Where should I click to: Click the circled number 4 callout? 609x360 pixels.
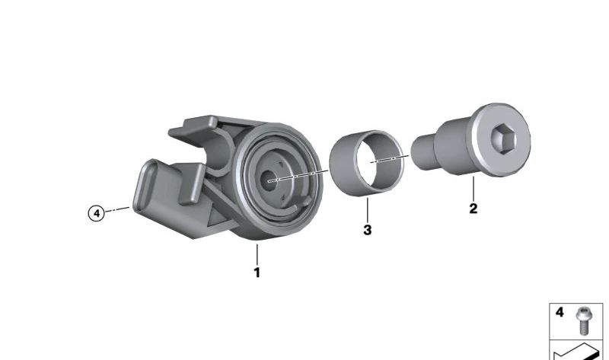point(97,213)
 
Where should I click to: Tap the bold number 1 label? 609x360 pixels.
point(257,272)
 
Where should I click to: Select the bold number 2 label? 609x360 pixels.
point(473,209)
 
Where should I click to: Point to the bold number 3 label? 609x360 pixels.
point(368,230)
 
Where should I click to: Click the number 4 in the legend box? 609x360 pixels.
point(560,312)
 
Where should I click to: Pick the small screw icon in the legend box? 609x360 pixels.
point(582,320)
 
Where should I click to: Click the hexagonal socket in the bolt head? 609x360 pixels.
point(503,139)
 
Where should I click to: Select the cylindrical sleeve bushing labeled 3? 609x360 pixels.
point(367,163)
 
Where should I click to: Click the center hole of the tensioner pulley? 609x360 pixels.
point(269,180)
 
